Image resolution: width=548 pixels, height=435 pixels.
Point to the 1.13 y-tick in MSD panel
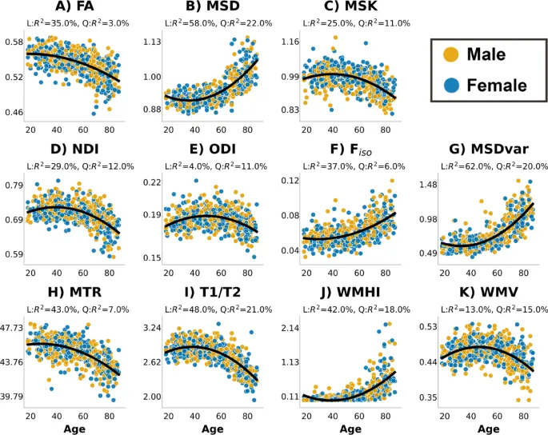(x=151, y=42)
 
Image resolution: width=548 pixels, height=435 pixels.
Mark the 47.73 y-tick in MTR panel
(x=11, y=328)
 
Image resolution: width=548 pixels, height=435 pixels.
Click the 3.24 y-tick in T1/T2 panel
(x=151, y=328)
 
